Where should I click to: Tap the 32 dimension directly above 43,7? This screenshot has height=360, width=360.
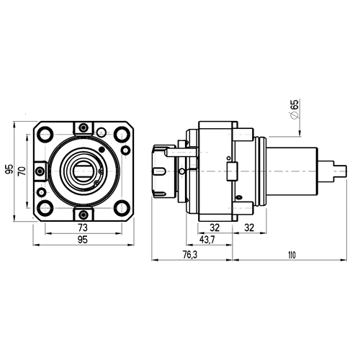(x=215, y=228)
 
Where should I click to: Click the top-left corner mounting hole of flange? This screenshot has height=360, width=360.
(x=45, y=134)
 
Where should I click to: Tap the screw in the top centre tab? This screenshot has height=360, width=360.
(x=82, y=128)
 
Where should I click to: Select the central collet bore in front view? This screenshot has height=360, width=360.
(x=83, y=171)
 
